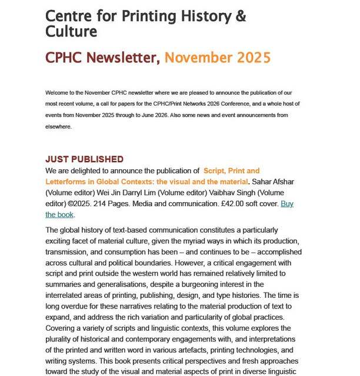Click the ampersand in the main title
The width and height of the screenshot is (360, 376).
tap(240, 16)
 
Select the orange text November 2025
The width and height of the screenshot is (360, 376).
tap(218, 58)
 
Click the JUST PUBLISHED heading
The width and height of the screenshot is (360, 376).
tap(84, 159)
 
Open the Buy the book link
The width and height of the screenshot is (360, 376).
tap(286, 204)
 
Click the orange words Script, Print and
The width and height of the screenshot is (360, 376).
tap(226, 171)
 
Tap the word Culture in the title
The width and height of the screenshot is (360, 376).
tap(71, 31)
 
